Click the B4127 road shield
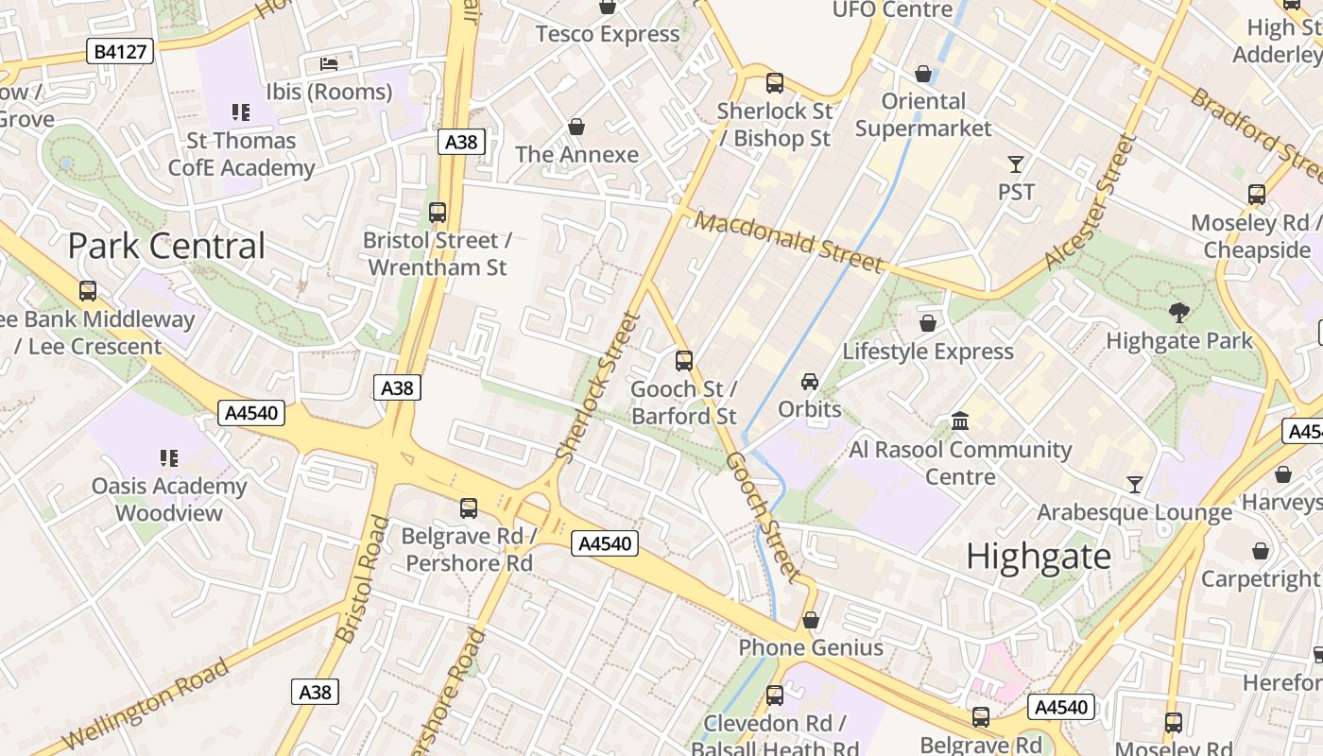tap(120, 51)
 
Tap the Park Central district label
tap(166, 246)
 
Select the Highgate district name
tap(1039, 557)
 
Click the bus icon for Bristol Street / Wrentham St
tap(437, 213)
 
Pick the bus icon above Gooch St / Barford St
tap(683, 360)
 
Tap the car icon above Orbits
tap(810, 381)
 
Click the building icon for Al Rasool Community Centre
tap(960, 421)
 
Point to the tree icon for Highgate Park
tap(1178, 312)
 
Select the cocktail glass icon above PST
tap(1016, 164)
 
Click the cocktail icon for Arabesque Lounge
tap(1134, 485)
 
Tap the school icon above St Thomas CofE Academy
tap(240, 112)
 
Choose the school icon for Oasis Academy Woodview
tap(169, 458)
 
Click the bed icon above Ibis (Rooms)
tap(328, 64)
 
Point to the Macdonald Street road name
tap(789, 242)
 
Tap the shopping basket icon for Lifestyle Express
tap(928, 323)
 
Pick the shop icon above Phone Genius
tap(810, 620)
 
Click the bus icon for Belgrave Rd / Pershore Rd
tap(468, 508)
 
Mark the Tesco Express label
tap(608, 35)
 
